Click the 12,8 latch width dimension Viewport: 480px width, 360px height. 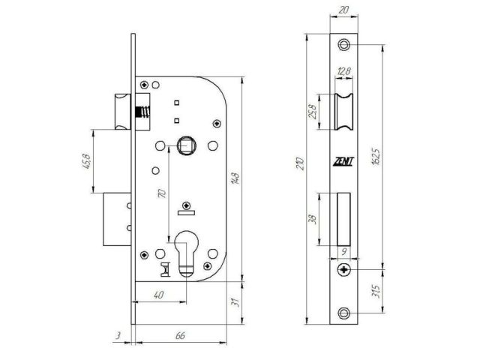pos(343,71)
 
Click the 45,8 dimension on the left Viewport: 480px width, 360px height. pos(88,162)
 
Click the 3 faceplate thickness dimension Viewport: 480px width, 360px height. pos(118,336)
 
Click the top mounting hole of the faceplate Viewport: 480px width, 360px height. pos(343,45)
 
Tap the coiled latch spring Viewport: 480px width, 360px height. pos(140,114)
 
